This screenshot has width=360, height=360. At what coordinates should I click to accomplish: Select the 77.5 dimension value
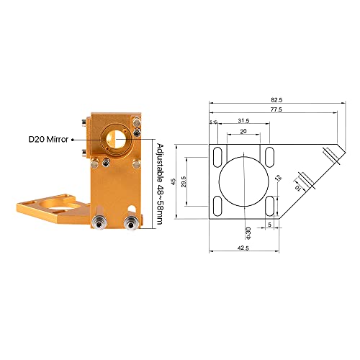click(276, 109)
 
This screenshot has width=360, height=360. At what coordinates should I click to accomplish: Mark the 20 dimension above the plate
click(243, 132)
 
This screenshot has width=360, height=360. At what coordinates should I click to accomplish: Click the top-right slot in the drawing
click(270, 155)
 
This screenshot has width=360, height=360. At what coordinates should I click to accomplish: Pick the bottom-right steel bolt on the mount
click(131, 220)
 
